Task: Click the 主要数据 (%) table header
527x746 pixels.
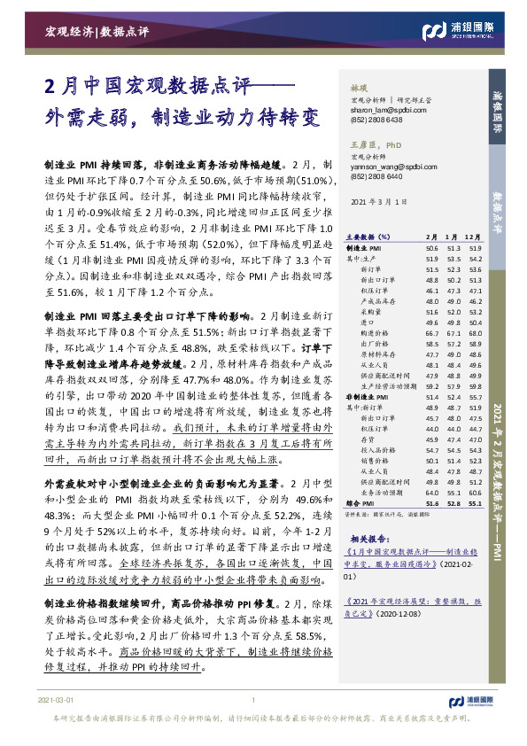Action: [x=367, y=237]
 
